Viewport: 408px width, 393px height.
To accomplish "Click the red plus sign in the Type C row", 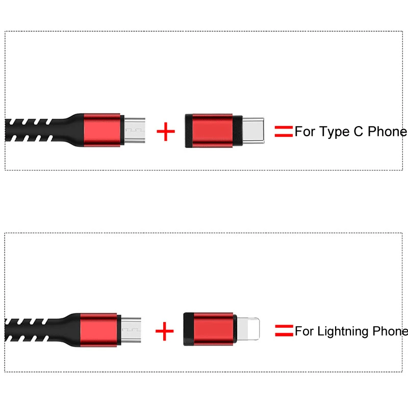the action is click(166, 132).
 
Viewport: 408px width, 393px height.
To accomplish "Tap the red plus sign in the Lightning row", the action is click(164, 331).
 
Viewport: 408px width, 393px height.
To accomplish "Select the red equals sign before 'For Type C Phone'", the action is click(284, 131).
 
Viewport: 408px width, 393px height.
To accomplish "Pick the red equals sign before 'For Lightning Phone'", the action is click(284, 331).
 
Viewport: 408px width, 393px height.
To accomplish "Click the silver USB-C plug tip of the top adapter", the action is click(253, 131).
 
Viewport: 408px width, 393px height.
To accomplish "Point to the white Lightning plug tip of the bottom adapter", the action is click(248, 329).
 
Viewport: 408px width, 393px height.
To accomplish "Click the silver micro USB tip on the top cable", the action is click(135, 130).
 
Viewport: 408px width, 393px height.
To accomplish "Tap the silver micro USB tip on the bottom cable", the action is click(131, 330).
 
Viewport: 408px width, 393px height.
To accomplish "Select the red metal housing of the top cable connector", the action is click(102, 130).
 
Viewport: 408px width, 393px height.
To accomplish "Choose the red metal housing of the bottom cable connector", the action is click(98, 330).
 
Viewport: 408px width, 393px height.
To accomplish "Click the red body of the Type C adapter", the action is click(212, 131).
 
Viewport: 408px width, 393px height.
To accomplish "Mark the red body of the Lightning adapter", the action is click(213, 329).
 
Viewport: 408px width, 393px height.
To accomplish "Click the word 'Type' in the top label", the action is click(335, 132).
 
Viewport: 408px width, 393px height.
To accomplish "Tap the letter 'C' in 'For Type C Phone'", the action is click(359, 131).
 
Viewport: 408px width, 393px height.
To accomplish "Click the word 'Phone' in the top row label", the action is click(388, 131).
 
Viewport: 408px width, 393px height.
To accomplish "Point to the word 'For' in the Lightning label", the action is click(304, 331).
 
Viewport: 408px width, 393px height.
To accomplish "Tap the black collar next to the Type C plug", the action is click(238, 131).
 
